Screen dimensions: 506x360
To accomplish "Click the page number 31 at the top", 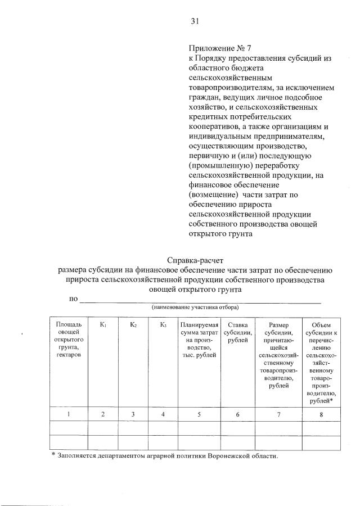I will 195,22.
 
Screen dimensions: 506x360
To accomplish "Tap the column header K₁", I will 103,324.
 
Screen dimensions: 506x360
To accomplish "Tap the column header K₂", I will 133,324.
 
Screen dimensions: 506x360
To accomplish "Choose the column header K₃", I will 163,324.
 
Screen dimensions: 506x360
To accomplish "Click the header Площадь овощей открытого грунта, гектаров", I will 69,341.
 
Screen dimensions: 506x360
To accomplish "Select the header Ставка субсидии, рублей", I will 237,333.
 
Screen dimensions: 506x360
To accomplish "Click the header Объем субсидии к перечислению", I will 321,363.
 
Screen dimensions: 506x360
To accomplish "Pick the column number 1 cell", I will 69,414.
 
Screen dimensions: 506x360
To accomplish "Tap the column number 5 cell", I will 198,414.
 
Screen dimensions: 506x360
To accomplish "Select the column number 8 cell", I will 321,414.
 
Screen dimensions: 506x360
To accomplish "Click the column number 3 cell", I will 133,414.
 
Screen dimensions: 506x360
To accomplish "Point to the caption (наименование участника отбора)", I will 195,308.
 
